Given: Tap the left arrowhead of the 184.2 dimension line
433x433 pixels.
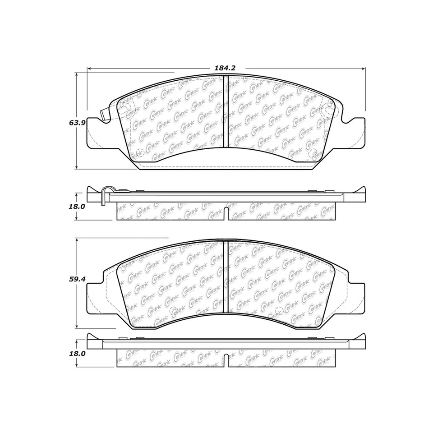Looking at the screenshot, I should [89, 69].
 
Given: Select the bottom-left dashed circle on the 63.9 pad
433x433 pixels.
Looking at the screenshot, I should [138, 152].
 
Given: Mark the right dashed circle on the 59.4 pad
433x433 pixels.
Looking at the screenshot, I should [277, 311].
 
